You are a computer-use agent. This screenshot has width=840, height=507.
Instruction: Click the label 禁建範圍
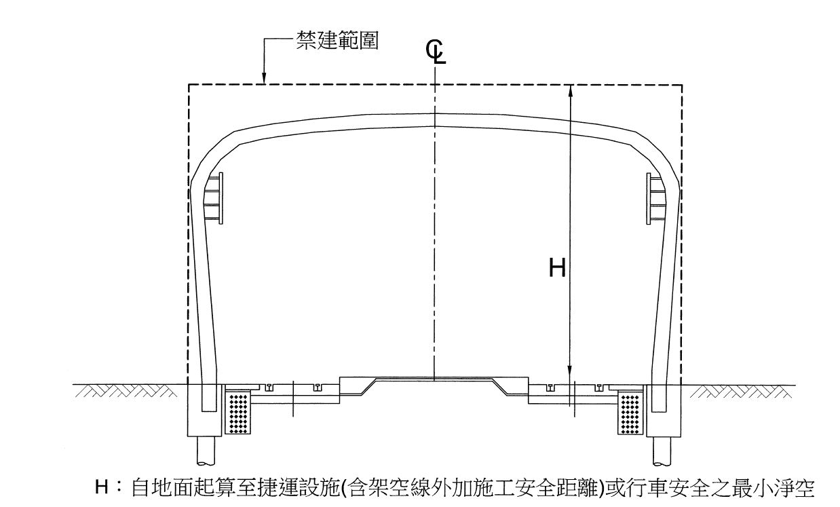337,41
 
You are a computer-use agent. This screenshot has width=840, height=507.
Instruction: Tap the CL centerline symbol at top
436,52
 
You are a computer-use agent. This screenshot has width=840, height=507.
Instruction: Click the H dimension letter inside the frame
557,268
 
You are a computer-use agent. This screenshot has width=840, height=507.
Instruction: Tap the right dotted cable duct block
630,413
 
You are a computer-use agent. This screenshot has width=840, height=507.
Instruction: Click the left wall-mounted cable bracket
214,198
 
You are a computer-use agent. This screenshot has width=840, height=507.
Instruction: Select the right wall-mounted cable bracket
656,198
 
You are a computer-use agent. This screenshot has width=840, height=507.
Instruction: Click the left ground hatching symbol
126,391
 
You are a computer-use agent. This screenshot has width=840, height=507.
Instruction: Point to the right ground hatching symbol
741,391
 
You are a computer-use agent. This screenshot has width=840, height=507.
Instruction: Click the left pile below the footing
206,451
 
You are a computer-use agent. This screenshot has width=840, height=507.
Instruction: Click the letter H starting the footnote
102,487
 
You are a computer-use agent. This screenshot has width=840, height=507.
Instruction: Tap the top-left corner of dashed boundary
189,85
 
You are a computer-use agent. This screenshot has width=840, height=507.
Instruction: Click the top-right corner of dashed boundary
682,85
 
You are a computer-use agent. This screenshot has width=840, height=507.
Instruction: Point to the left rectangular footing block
204,410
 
